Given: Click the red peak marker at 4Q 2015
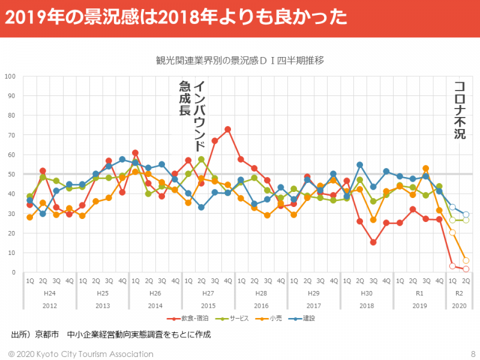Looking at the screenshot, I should [228, 129].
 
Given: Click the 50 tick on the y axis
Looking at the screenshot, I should [11, 174].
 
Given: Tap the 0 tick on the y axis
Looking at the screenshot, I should [13, 272].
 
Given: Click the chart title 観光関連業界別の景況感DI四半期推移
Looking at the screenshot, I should [240, 60].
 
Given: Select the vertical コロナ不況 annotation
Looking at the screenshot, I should [460, 110].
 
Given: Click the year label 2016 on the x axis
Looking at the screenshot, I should [261, 305].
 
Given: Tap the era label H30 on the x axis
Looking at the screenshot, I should [366, 293].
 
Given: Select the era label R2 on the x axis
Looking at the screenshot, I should [459, 293].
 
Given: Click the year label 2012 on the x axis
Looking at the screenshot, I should [50, 305].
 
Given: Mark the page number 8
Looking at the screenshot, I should [473, 353].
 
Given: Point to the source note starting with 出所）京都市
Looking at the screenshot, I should [111, 334].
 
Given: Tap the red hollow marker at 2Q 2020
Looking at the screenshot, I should [466, 269].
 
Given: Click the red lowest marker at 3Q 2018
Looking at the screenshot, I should [373, 242].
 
